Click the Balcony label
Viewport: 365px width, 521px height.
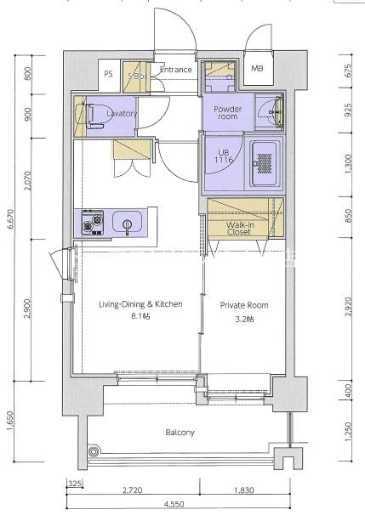point(180,433)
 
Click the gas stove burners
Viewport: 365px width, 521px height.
point(93,222)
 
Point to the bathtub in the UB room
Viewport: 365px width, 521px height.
point(265,164)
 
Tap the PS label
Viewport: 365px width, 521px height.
point(108,74)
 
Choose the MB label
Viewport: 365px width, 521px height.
point(257,69)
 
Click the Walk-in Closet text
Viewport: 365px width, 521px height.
point(240,229)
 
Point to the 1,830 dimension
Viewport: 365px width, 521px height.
point(244,490)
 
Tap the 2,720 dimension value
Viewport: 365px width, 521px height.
point(133,490)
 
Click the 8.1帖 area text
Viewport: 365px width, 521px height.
point(140,316)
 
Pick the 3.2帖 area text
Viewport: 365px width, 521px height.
point(244,319)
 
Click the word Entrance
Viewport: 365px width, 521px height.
point(176,70)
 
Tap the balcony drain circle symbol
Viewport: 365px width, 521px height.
point(94,451)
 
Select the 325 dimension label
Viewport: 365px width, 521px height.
point(75,484)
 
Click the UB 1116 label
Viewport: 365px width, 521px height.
point(224,156)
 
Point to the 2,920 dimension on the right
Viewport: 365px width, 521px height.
point(348,307)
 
